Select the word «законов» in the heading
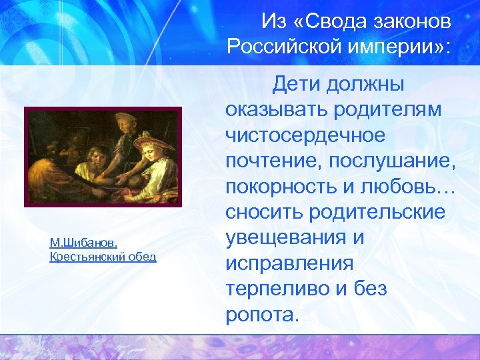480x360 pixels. point(414,22)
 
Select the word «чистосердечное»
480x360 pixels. point(305,135)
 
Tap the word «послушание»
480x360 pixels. point(393,161)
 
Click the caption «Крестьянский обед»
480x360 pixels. point(103,257)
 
